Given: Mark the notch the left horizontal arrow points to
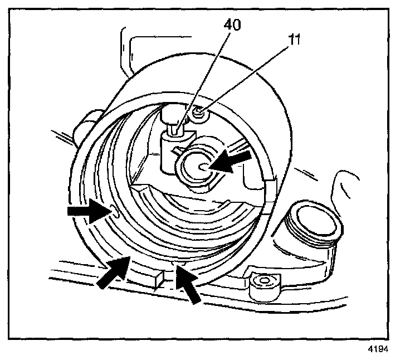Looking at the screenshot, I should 114,211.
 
